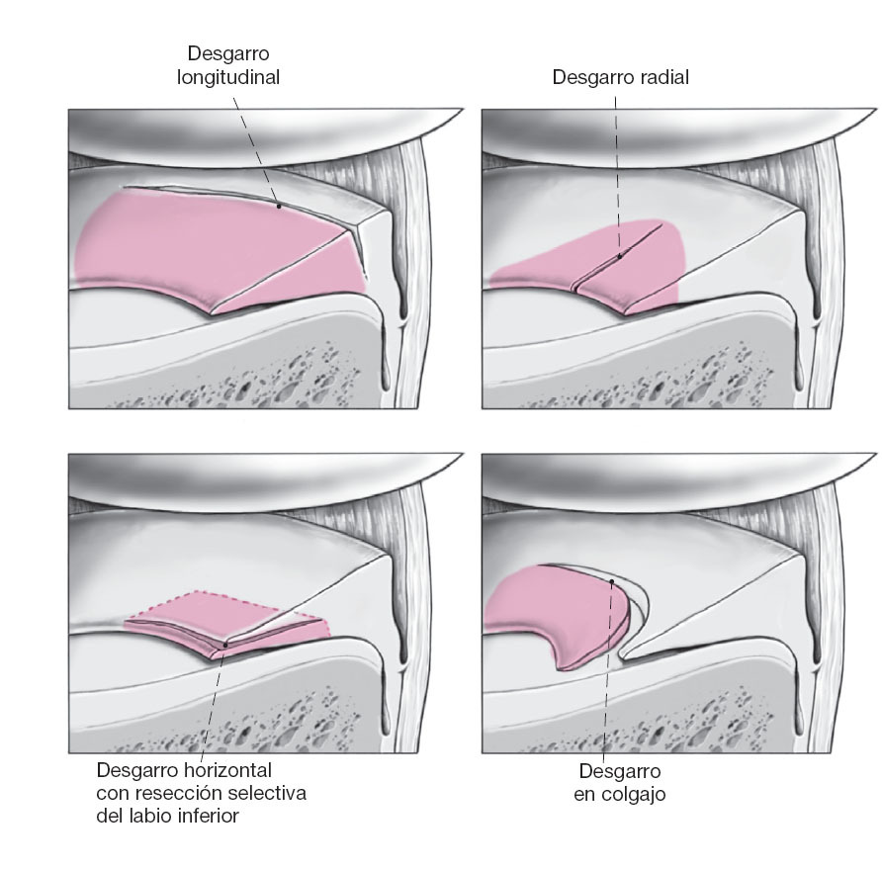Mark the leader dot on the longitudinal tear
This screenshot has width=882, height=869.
click(x=279, y=206)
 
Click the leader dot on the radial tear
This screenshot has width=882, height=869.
click(x=620, y=257)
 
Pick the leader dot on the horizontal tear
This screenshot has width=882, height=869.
click(x=225, y=645)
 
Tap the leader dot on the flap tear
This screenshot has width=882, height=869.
click(x=613, y=581)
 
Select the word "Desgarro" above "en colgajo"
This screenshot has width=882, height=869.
click(x=619, y=770)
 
